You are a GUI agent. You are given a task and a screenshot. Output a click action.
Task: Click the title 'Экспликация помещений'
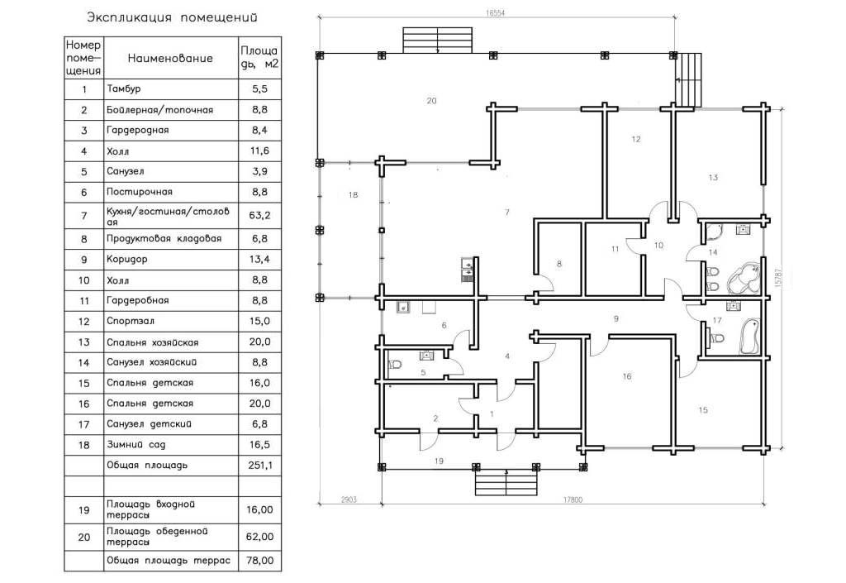coord(172,18)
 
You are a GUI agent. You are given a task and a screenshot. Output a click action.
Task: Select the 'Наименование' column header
coord(170,58)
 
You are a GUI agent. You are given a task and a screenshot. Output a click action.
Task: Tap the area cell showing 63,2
coord(259,215)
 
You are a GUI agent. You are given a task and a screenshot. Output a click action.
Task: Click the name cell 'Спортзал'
coord(130,321)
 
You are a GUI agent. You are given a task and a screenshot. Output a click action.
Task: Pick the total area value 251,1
coord(260,465)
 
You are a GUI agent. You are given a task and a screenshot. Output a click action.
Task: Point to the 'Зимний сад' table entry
coord(136,445)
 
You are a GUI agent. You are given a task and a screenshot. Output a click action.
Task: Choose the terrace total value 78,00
coord(259,561)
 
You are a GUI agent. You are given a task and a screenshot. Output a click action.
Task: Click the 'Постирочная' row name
coord(139,192)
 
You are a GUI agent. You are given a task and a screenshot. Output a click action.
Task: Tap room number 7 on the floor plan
coord(506,213)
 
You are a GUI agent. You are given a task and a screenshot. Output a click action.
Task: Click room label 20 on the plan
coord(431,100)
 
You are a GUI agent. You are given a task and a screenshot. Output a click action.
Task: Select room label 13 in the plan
coord(713,177)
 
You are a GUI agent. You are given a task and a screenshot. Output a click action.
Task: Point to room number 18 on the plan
coord(353,194)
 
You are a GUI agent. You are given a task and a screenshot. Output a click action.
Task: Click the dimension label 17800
coord(573,499)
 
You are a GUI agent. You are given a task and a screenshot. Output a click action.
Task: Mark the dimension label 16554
coord(496,13)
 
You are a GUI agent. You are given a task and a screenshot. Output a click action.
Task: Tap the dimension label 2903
coord(349,499)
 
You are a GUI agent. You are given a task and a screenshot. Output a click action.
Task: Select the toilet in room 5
coord(394,365)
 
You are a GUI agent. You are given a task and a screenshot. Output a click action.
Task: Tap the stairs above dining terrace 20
coord(438,40)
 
